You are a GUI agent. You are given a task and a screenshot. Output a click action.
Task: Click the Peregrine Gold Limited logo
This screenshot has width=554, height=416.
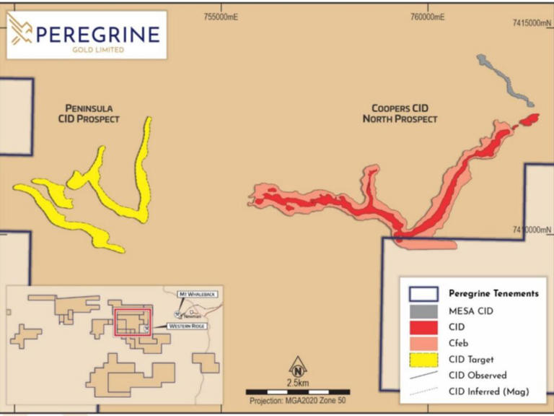[86, 35]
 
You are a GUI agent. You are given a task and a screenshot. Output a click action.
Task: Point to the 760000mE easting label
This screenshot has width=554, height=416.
[426, 17]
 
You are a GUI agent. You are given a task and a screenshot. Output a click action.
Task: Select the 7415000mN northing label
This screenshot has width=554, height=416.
[531, 24]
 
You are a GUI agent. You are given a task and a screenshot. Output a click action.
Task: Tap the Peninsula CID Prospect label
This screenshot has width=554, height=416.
[89, 113]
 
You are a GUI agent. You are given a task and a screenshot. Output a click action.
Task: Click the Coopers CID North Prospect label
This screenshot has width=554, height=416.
[400, 113]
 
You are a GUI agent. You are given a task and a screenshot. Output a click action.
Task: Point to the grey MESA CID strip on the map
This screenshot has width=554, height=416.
[506, 80]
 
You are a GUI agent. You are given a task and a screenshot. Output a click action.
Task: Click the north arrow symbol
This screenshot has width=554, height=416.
[296, 366]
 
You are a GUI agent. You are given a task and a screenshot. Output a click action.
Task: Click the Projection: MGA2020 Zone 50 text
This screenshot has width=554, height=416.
[296, 401]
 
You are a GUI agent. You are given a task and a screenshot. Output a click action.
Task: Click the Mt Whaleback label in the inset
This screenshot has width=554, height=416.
[199, 295]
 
